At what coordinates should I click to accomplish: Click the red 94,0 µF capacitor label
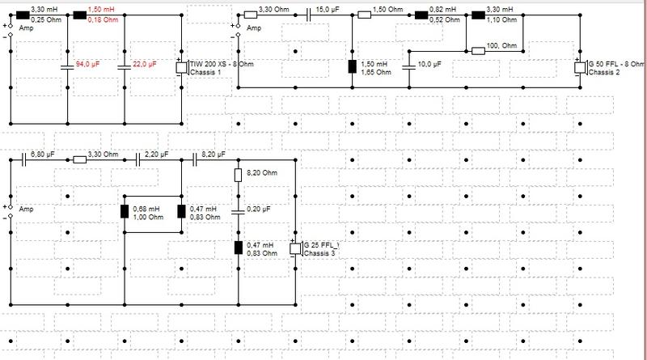(x=87, y=65)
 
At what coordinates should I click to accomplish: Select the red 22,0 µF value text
(x=145, y=65)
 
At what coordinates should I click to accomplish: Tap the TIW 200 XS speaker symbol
(x=181, y=67)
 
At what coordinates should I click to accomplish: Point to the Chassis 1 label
(x=205, y=72)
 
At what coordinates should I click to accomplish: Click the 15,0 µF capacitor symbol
(x=309, y=15)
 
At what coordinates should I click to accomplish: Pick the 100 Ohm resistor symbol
(x=478, y=51)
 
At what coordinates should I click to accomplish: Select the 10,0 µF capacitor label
(x=429, y=65)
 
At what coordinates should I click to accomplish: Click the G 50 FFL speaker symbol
(x=580, y=67)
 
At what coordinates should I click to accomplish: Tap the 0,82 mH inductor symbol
(x=421, y=15)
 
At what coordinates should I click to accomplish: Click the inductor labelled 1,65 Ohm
(x=353, y=66)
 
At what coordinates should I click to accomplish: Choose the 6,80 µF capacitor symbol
(x=24, y=159)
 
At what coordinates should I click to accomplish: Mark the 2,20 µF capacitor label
(x=156, y=155)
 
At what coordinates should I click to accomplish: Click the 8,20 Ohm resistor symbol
(x=238, y=175)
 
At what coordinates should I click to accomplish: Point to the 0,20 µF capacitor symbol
(x=238, y=212)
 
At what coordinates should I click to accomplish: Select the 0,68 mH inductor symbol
(x=125, y=211)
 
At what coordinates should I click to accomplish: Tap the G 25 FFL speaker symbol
(x=295, y=248)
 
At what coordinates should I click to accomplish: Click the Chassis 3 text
(x=319, y=253)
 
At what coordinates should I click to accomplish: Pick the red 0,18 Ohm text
(x=103, y=19)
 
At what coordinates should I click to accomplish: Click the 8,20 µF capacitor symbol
(x=195, y=159)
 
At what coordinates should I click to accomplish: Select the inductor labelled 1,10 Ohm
(x=478, y=15)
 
